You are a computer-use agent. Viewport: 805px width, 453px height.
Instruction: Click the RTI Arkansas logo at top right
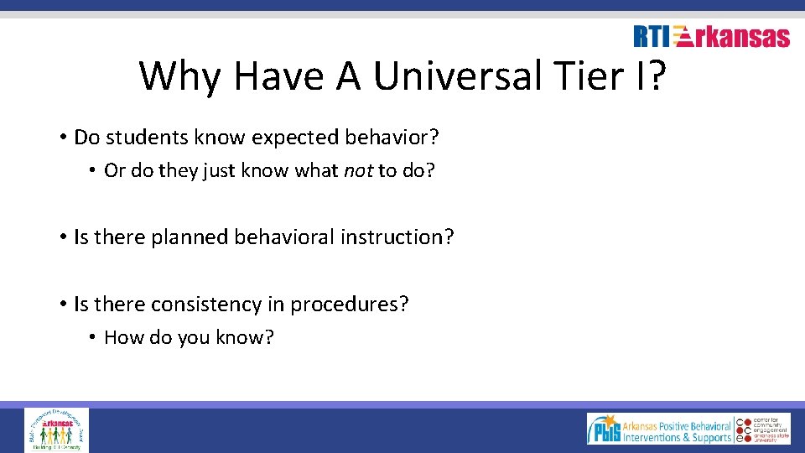click(x=711, y=37)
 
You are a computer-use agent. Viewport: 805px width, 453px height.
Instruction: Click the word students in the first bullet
click(x=139, y=137)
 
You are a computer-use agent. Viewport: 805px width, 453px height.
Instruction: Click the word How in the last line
click(x=123, y=338)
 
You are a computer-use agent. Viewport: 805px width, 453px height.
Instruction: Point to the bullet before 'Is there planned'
click(x=63, y=238)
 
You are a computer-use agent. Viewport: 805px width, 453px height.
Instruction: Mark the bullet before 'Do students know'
click(x=63, y=138)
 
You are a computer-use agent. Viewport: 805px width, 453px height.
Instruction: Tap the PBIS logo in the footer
click(x=658, y=429)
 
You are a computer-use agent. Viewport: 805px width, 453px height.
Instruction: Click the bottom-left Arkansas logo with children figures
click(x=56, y=430)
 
